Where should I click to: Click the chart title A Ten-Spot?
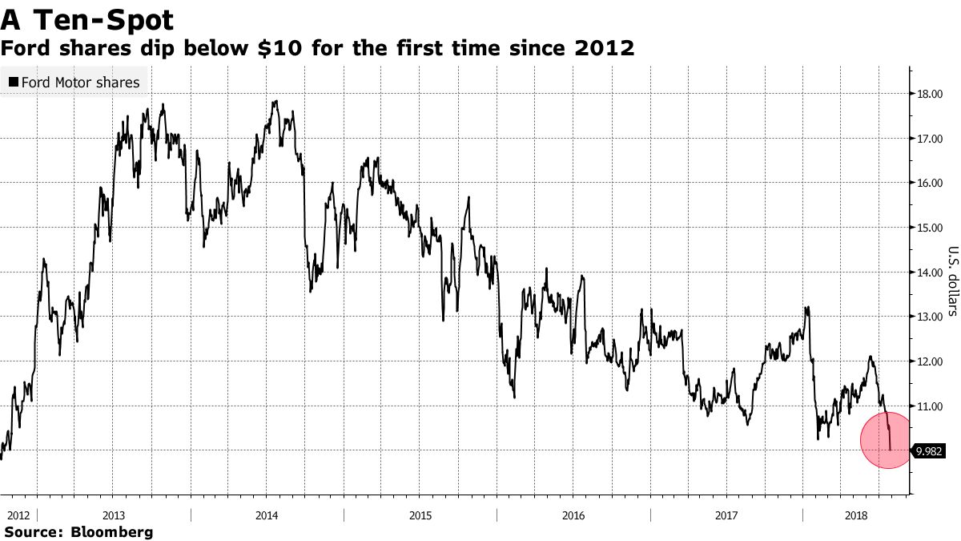pyautogui.click(x=88, y=18)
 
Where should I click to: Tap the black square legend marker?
pyautogui.click(x=13, y=83)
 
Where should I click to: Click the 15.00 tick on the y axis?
pyautogui.click(x=930, y=228)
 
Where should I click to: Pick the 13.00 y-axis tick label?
pyautogui.click(x=930, y=317)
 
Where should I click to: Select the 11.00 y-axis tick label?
pyautogui.click(x=930, y=406)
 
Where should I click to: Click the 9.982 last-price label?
pyautogui.click(x=930, y=451)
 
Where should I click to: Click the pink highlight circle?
pyautogui.click(x=887, y=440)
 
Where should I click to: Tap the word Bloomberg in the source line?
pyautogui.click(x=111, y=531)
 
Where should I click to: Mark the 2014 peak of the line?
pyautogui.click(x=275, y=101)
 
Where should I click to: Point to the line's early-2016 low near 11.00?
pyautogui.click(x=513, y=396)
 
